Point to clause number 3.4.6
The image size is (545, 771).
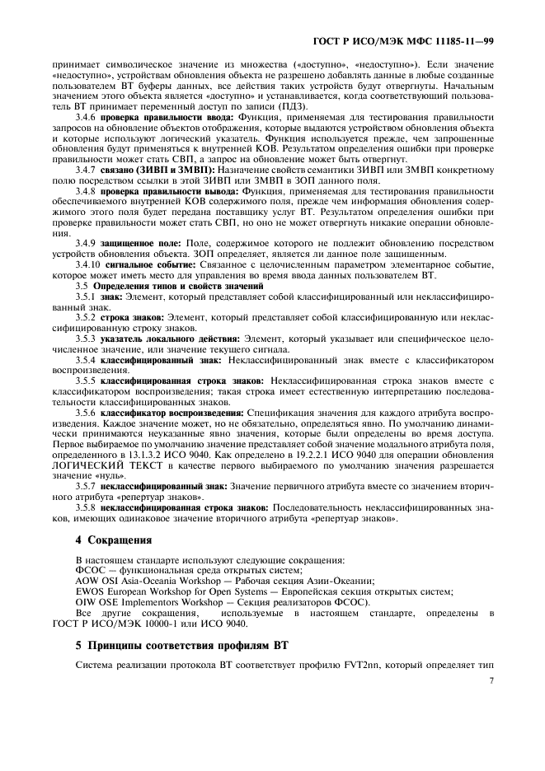click(87, 117)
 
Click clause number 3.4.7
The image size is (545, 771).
click(87, 169)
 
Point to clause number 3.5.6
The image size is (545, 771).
click(87, 411)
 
